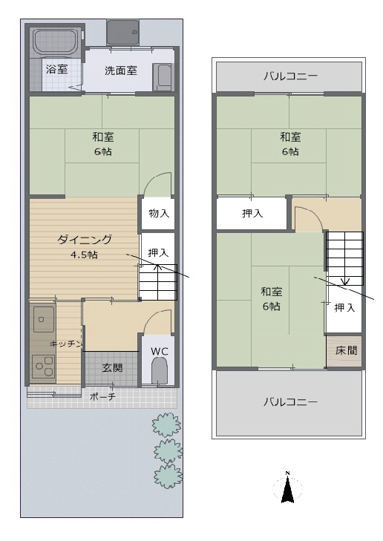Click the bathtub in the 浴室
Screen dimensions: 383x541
pyautogui.click(x=56, y=43)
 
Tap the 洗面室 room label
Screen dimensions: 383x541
pyautogui.click(x=121, y=71)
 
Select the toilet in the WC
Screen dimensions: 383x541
pyautogui.click(x=159, y=370)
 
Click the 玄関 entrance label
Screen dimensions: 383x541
pyautogui.click(x=113, y=368)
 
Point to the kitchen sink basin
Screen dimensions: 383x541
pyautogui.click(x=44, y=318)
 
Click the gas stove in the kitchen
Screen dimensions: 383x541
pyautogui.click(x=44, y=367)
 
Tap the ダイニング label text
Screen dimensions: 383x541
pyautogui.click(x=85, y=239)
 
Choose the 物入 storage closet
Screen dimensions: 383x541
pyautogui.click(x=158, y=213)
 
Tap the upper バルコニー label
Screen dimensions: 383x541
pyautogui.click(x=290, y=76)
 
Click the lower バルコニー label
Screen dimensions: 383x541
pyautogui.click(x=290, y=401)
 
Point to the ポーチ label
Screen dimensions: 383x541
pyautogui.click(x=102, y=396)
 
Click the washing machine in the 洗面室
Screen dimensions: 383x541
pyautogui.click(x=162, y=77)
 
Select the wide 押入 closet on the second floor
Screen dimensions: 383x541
pyautogui.click(x=252, y=214)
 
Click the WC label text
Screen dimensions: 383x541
pyautogui.click(x=160, y=351)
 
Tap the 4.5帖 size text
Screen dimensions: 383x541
pyautogui.click(x=84, y=255)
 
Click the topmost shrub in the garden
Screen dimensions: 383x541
pyautogui.click(x=166, y=424)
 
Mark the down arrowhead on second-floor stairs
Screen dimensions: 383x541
pyautogui.click(x=345, y=281)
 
